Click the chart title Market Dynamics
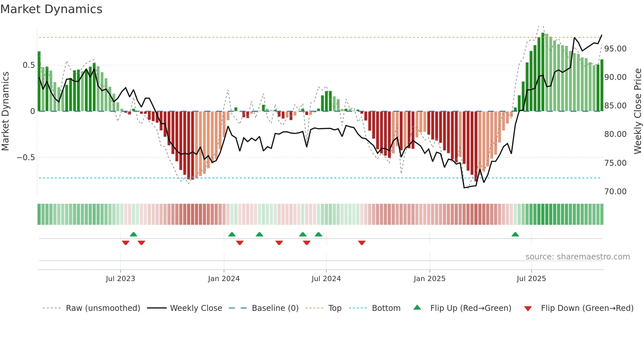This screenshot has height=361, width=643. (x=51, y=9)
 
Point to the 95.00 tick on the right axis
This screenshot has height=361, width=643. (x=615, y=49)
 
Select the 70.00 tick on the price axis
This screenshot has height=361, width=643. (x=615, y=192)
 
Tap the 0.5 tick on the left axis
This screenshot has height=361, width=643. (x=29, y=65)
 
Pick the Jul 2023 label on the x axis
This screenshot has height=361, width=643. (x=120, y=279)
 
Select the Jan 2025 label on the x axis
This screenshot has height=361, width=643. (x=429, y=279)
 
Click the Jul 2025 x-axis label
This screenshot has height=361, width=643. (x=531, y=279)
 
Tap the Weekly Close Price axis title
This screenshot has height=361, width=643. (x=637, y=111)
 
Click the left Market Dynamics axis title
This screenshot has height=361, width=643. (x=5, y=111)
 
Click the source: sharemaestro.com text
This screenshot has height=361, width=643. (x=577, y=257)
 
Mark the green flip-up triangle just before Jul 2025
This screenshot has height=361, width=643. (x=515, y=235)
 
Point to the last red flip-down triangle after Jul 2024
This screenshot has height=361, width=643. (x=362, y=243)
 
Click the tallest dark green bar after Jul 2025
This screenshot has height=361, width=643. (x=543, y=72)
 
